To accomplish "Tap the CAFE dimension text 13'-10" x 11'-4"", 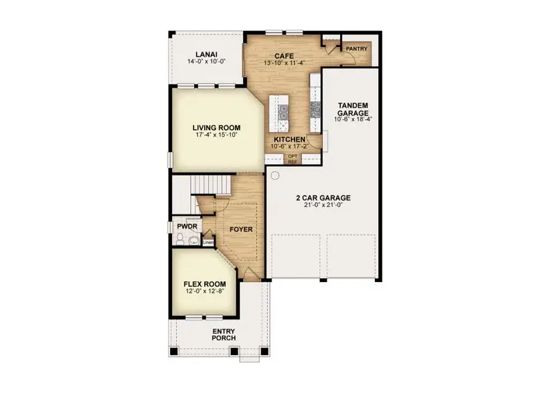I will coord(285,63).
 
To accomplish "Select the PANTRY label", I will coord(356,49).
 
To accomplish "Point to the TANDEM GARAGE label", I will coord(353,109).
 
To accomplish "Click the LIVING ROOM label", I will coord(216,127).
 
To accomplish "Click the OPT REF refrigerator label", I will coord(293,159).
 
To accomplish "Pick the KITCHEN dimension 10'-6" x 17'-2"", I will coord(289,146).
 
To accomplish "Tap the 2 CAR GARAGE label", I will coord(323,198).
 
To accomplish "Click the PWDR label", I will coord(185,227).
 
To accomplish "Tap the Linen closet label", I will coord(208,242).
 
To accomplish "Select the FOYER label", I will coord(241,229).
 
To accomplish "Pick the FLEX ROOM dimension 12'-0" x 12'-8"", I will coord(205,291).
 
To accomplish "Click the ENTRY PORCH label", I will coord(224,334).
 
